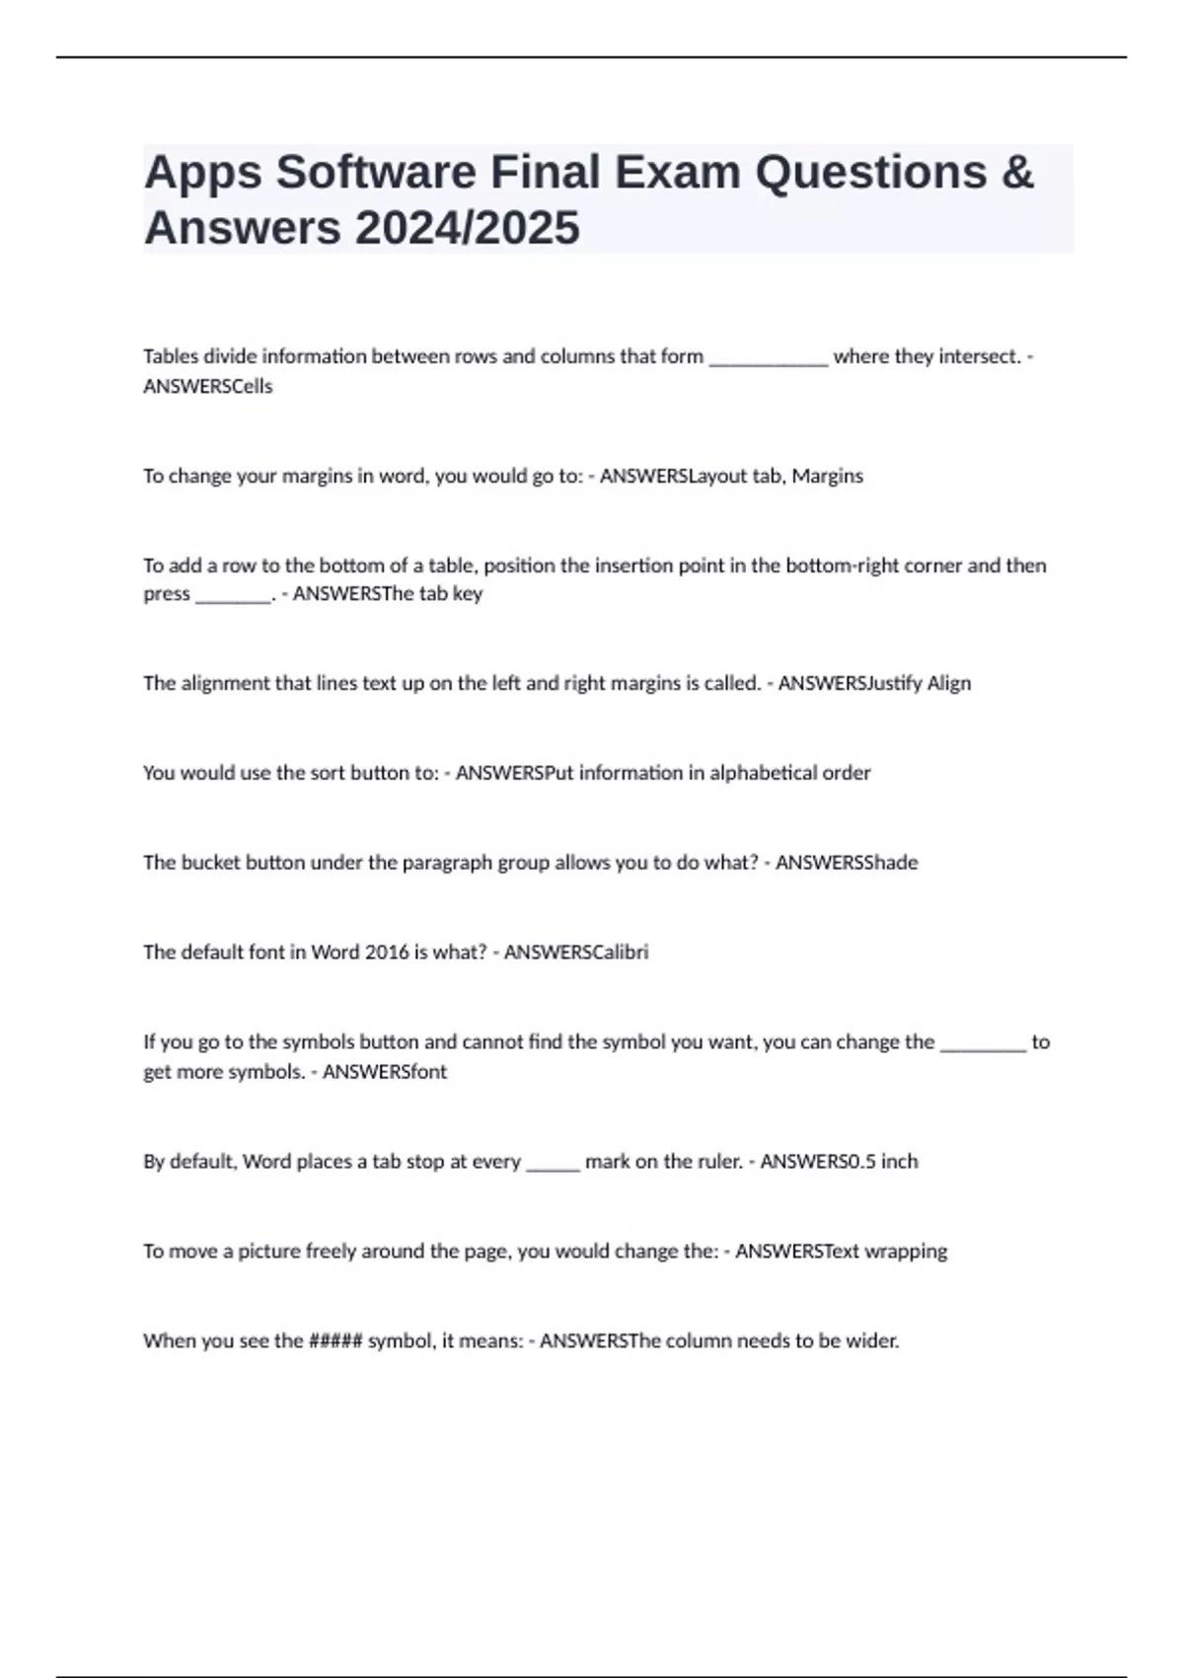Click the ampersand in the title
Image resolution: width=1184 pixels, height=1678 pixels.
click(x=1017, y=173)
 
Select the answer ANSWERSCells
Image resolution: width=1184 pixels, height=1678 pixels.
click(x=208, y=386)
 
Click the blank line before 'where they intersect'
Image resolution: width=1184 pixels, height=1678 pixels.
click(x=769, y=358)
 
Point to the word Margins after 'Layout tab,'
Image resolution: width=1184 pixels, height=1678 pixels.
click(x=828, y=476)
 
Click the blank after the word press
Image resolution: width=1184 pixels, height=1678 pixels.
click(x=233, y=596)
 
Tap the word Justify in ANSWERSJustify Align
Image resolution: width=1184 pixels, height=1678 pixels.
click(x=894, y=683)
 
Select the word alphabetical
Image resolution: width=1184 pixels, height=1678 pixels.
click(x=765, y=773)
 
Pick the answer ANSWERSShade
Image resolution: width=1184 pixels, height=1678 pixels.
click(x=847, y=863)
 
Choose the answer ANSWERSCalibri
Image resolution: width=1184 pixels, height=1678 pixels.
click(x=576, y=953)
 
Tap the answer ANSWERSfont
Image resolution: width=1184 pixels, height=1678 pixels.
click(x=385, y=1072)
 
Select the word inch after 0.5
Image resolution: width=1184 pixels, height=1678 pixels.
click(x=900, y=1162)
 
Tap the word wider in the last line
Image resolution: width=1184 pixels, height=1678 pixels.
click(x=872, y=1341)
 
